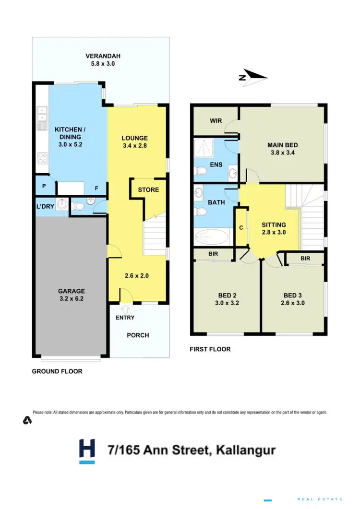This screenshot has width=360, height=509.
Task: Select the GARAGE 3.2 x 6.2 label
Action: click(72, 295)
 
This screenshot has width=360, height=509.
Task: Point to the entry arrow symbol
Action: click(126, 309)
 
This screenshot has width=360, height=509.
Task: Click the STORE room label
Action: click(148, 189)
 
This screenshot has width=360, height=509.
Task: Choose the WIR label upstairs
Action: click(216, 120)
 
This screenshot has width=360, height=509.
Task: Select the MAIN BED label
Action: click(283, 149)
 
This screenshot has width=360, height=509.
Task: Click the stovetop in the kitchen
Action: click(42, 158)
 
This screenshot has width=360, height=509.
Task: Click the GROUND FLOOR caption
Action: click(57, 371)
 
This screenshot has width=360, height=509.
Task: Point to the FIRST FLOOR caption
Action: click(210, 349)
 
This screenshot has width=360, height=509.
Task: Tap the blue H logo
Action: click(87, 451)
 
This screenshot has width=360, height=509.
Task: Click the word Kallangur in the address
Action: click(246, 450)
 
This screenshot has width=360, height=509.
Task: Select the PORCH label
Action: click(137, 335)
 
